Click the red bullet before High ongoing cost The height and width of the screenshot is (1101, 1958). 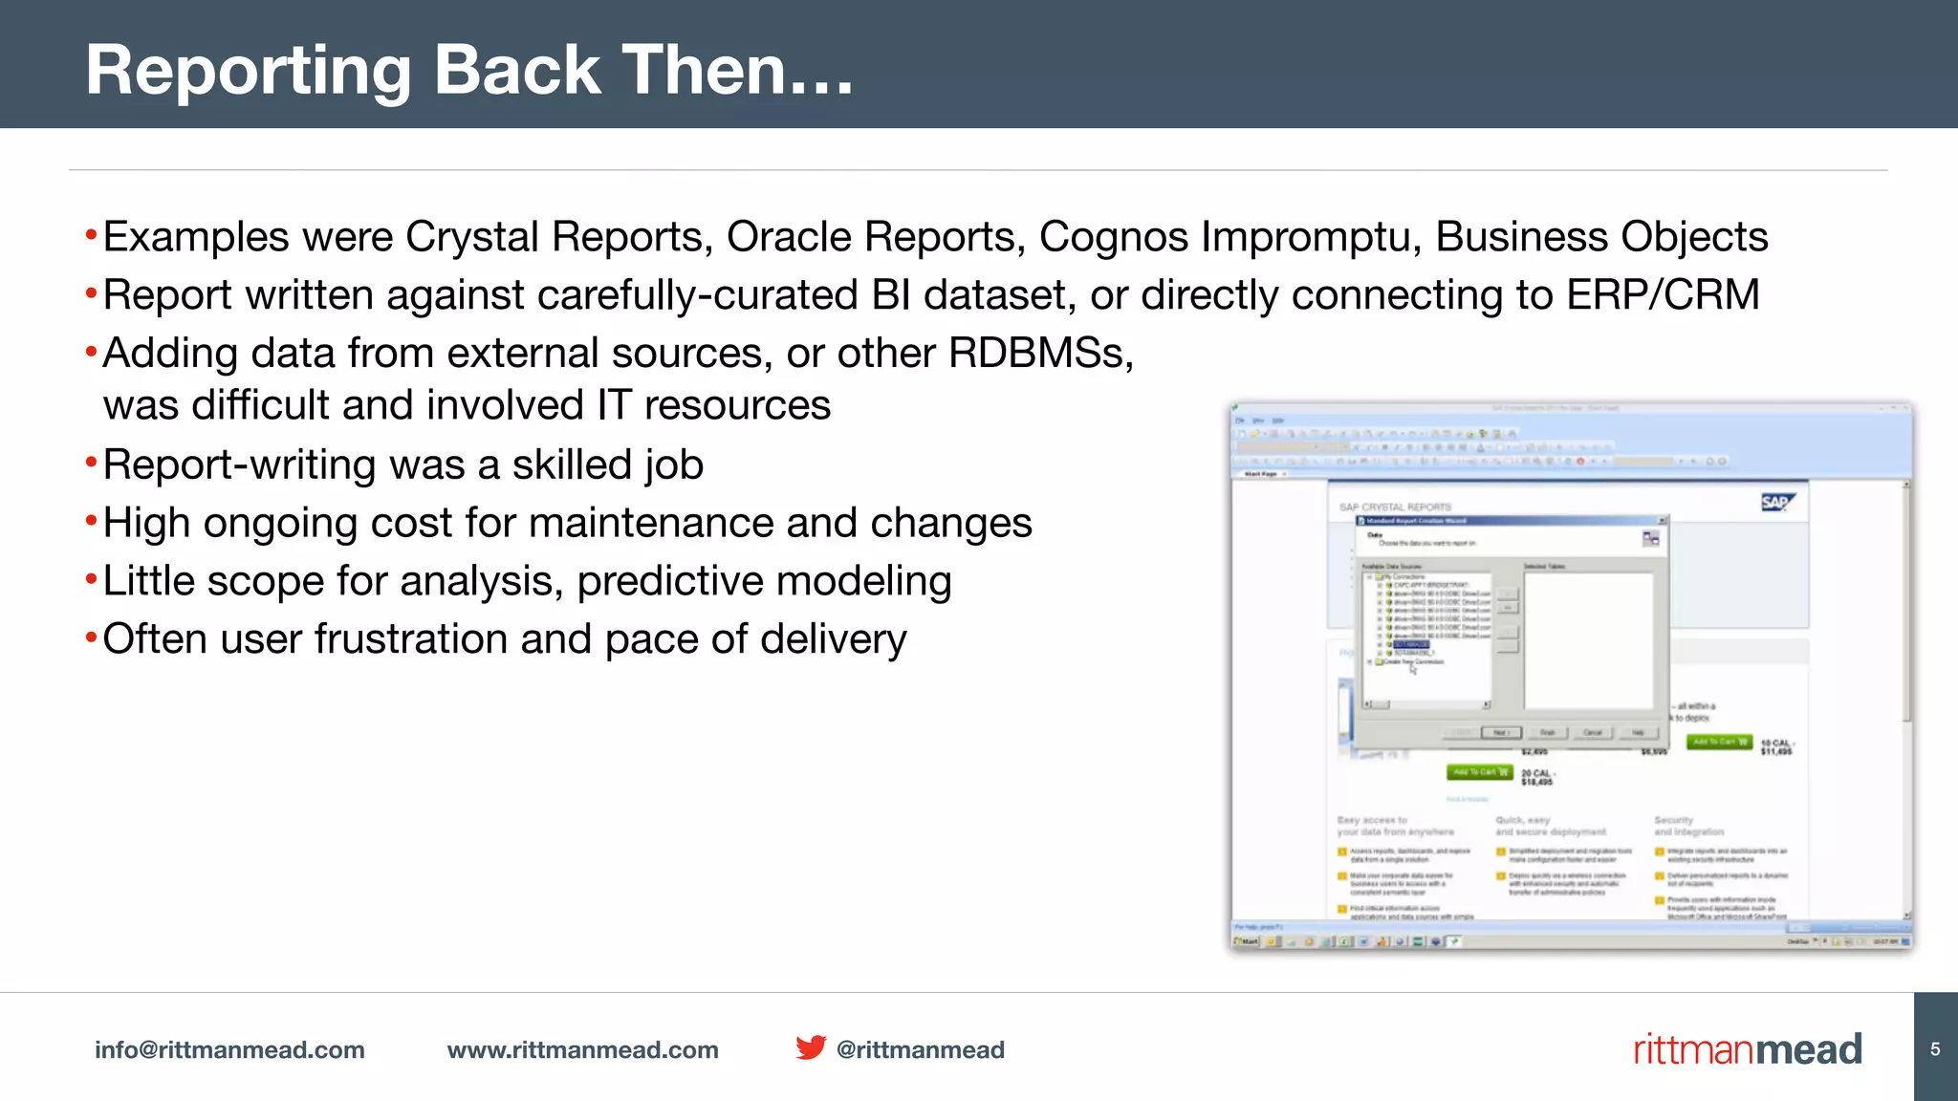click(91, 522)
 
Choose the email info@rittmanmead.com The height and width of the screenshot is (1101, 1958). click(229, 1049)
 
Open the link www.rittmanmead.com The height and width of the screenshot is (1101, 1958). click(582, 1049)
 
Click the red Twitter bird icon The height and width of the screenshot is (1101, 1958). click(811, 1047)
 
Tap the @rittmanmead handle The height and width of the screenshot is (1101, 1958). click(920, 1049)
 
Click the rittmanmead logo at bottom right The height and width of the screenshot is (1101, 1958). click(1747, 1049)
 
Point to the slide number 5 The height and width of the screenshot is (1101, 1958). click(1935, 1048)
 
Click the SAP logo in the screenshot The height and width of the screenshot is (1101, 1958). click(1777, 503)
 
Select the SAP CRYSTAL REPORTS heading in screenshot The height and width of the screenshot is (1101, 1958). click(1395, 507)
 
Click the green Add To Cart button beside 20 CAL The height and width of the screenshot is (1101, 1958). click(1479, 772)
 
